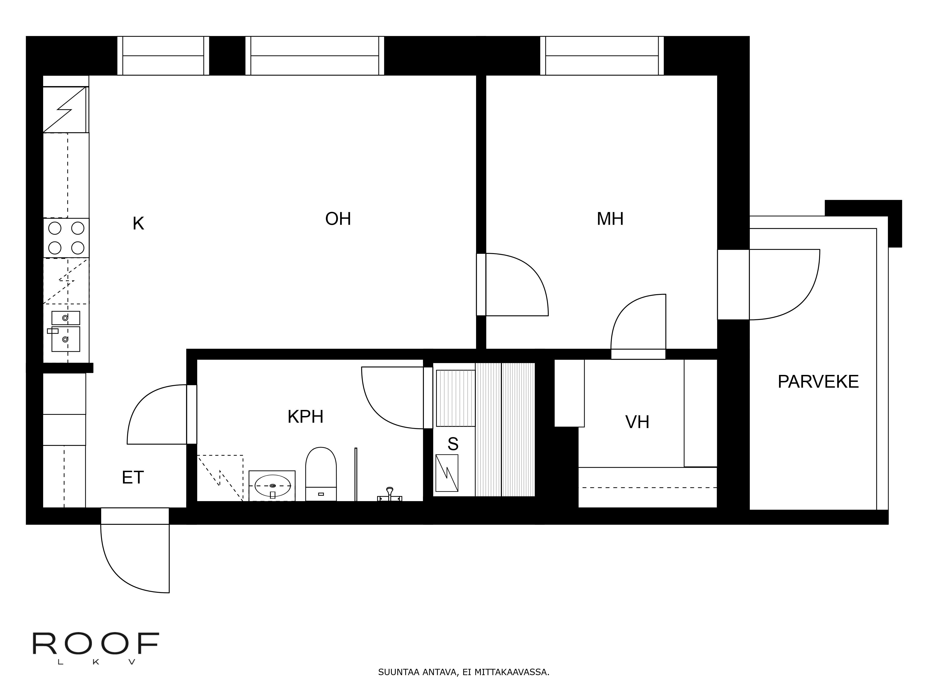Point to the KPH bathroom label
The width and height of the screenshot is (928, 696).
305,417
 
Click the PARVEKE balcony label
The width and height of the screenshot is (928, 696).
818,382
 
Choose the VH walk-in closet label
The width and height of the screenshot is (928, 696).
637,422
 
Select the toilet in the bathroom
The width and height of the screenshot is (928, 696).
321,474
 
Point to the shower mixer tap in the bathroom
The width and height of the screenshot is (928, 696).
390,495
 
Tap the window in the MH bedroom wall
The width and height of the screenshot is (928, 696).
602,56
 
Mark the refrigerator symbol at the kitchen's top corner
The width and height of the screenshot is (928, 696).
65,110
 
